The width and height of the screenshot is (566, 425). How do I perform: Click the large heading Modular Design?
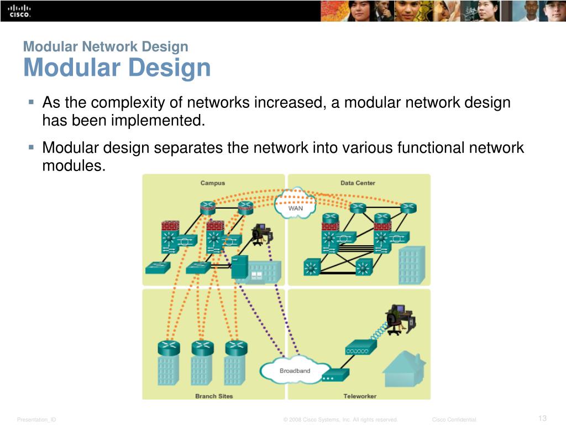coord(117,68)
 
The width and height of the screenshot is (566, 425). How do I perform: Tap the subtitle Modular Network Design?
coord(106,47)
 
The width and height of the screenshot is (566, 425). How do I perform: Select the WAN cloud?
coord(295,204)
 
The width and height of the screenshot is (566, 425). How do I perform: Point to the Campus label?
coord(212,183)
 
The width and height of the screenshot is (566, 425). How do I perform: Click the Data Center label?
coord(358,183)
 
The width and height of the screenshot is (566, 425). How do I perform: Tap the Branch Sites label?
coord(214,396)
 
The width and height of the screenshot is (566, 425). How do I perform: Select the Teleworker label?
coord(359,396)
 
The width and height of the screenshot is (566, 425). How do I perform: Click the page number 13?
coord(542,418)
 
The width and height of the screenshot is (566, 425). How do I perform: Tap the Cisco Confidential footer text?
coord(453,420)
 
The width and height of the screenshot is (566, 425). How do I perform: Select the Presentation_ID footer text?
coord(36,420)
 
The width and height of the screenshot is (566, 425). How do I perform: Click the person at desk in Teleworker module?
coord(399,319)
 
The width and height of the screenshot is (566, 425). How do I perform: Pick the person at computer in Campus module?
coord(260,235)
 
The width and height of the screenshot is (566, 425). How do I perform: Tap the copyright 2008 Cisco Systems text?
coord(340,420)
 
